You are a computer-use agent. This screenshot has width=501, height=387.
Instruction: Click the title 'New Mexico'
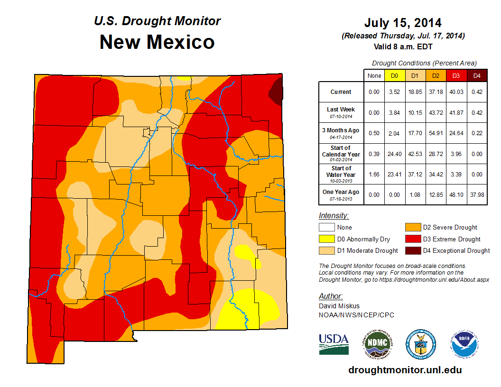[x=157, y=42]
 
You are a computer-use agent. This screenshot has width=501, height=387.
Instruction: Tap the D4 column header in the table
[x=477, y=75]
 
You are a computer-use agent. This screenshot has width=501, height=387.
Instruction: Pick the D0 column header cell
[x=394, y=75]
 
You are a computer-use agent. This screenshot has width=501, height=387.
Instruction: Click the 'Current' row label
[x=341, y=92]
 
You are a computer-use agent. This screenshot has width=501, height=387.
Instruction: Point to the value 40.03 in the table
[x=456, y=92]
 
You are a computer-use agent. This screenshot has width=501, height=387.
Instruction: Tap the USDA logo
[x=334, y=344]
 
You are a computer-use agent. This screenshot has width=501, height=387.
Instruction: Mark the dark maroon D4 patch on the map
[x=277, y=90]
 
